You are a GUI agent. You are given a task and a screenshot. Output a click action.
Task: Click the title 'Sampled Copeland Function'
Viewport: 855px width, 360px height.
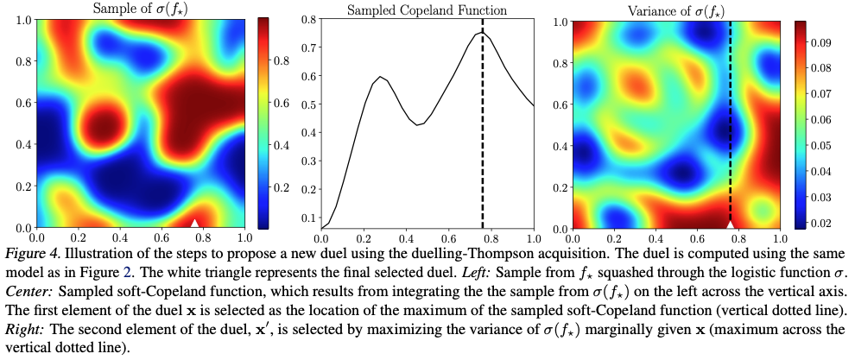[x=427, y=9]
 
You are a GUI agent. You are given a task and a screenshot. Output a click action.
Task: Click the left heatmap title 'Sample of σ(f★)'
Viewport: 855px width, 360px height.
[x=141, y=9]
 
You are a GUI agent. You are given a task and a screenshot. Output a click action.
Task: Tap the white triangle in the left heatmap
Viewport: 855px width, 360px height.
[x=195, y=223]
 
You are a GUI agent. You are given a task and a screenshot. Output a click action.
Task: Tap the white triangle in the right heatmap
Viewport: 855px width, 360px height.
[x=731, y=224]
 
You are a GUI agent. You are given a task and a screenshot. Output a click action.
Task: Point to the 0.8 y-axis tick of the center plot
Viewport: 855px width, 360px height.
[x=307, y=19]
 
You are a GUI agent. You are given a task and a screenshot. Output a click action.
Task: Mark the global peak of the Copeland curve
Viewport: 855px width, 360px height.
[x=483, y=33]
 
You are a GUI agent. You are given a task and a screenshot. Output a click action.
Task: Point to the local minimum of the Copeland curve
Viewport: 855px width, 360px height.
[x=419, y=125]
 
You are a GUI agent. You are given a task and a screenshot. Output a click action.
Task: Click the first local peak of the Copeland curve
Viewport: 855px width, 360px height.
[x=380, y=77]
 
